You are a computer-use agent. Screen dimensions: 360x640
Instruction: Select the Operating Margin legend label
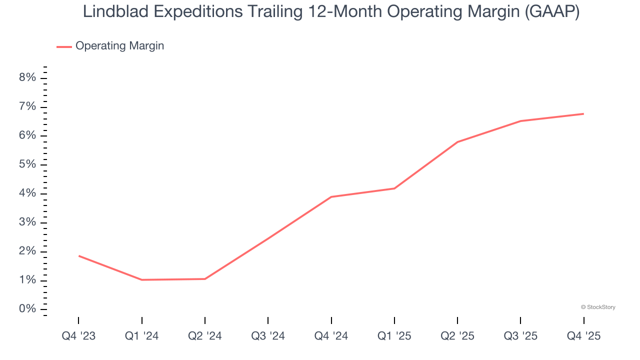point(119,46)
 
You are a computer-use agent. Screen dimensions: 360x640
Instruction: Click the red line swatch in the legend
point(64,46)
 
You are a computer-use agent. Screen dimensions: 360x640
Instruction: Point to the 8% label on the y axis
point(28,77)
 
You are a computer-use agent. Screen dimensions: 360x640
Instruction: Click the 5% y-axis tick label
point(28,164)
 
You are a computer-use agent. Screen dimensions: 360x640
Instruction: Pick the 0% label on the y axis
point(28,309)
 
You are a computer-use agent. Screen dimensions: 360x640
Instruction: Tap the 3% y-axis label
point(28,222)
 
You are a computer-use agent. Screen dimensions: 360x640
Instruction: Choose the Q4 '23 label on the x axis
point(78,336)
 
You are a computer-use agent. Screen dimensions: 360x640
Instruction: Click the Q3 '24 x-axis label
point(268,336)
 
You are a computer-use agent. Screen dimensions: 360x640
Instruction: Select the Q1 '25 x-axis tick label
point(394,336)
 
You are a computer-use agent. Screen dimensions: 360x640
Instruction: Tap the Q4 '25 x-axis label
point(583,336)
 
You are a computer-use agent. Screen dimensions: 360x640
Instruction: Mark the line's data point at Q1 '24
point(142,279)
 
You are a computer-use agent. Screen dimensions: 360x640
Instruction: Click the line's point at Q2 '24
point(205,278)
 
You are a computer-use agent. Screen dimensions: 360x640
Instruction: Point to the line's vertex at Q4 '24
point(331,196)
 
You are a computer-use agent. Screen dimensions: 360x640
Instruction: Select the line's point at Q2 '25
point(457,142)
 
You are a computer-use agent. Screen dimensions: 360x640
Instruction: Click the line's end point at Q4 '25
point(583,113)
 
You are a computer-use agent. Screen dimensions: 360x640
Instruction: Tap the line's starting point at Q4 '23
point(79,255)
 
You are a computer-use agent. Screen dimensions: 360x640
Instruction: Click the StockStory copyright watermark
point(598,307)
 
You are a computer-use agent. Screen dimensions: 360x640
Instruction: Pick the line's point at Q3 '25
point(520,121)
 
